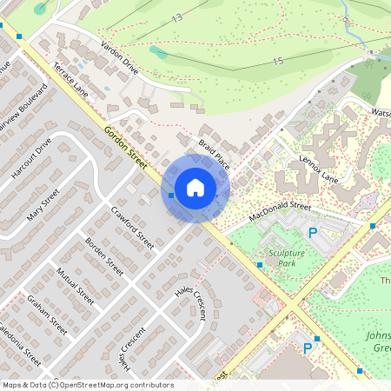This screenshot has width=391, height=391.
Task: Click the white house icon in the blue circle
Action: tap(195, 187)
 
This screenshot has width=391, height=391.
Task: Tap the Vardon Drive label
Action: tap(119, 55)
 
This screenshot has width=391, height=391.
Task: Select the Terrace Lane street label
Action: tap(70, 78)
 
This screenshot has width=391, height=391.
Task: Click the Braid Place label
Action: tap(214, 153)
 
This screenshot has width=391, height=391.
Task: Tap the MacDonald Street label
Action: tap(279, 211)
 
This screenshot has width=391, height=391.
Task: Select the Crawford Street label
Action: tap(132, 229)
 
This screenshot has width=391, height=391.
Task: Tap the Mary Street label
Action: tap(43, 205)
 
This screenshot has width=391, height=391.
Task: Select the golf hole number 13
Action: tap(177, 17)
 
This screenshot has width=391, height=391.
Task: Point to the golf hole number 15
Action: tap(277, 61)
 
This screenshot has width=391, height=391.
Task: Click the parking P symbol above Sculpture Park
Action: tap(312, 233)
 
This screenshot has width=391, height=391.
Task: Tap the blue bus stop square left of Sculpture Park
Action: tap(259, 264)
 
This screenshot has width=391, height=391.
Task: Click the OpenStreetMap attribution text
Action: tap(87, 385)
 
